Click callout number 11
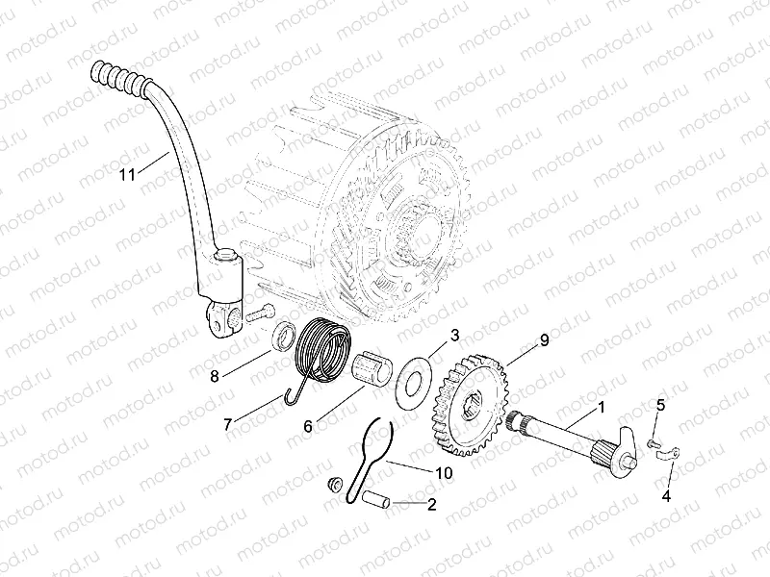126,175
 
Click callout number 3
455,334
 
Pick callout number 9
544,339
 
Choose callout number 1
601,407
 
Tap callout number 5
660,405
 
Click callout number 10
443,474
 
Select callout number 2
432,503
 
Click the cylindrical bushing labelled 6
372,369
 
